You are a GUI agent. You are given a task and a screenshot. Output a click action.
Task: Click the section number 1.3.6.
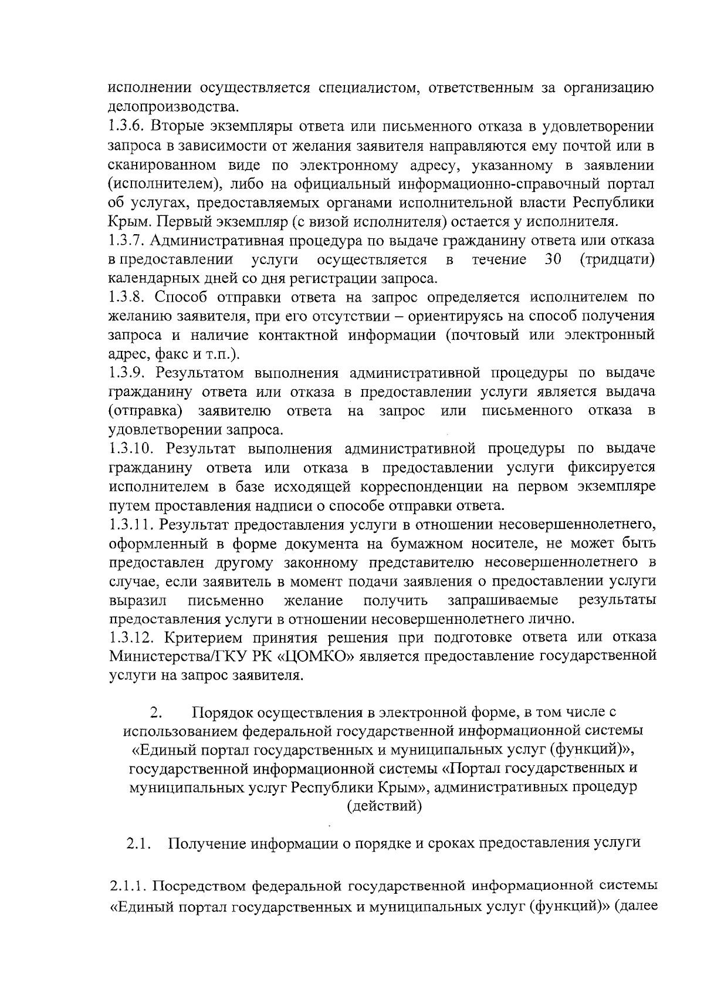pyautogui.click(x=127, y=127)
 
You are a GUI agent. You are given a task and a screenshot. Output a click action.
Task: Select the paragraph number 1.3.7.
pyautogui.click(x=127, y=241)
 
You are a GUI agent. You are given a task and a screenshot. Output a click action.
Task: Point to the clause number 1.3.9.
pyautogui.click(x=127, y=373)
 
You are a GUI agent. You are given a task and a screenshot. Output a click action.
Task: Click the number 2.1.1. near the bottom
pyautogui.click(x=130, y=884)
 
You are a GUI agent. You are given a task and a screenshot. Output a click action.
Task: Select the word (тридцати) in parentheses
pyautogui.click(x=617, y=260)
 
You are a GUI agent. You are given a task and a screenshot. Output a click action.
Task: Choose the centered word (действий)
pyautogui.click(x=384, y=806)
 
